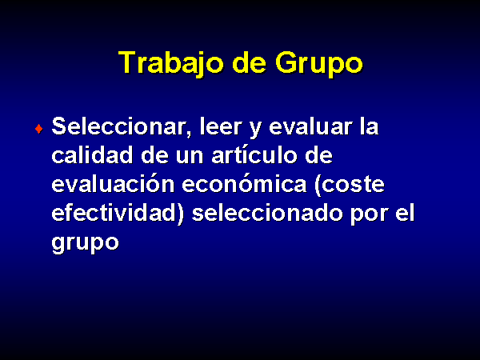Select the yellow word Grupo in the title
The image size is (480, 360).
coord(318,63)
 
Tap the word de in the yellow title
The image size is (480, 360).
coord(249,62)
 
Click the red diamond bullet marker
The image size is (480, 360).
coord(39,129)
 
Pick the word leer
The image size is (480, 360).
coord(221,126)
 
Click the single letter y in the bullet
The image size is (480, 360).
coord(255,130)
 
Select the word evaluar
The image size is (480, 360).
coord(310,126)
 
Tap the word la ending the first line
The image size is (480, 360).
coord(369,126)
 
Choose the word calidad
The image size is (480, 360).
coord(92,154)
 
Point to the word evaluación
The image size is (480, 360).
coord(113,183)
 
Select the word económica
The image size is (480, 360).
coord(244,183)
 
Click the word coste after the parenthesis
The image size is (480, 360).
coord(350,184)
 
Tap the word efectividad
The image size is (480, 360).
coord(118,213)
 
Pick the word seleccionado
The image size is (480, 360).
coord(267,212)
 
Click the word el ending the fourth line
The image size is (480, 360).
coord(405,212)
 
